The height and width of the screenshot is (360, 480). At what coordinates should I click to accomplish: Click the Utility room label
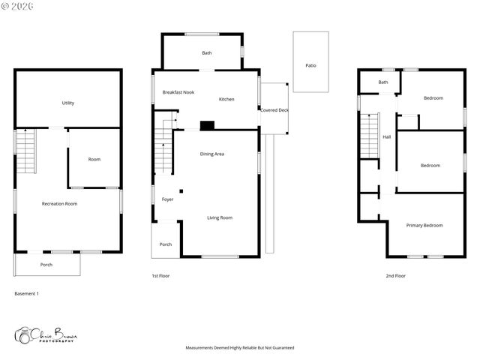click(x=67, y=103)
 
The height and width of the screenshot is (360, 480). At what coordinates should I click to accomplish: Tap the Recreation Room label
click(x=59, y=203)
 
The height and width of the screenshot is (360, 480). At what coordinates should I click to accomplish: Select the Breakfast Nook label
click(x=178, y=92)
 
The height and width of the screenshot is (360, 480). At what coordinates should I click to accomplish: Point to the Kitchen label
click(x=226, y=100)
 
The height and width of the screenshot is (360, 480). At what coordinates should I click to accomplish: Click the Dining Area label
click(x=212, y=154)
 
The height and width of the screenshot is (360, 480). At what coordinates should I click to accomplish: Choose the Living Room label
click(x=220, y=217)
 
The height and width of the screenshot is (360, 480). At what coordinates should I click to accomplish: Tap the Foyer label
click(x=168, y=199)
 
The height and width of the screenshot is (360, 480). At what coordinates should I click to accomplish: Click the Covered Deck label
click(x=274, y=110)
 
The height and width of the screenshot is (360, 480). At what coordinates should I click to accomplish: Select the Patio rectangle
click(x=310, y=62)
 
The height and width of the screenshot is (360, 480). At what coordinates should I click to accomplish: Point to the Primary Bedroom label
click(x=424, y=225)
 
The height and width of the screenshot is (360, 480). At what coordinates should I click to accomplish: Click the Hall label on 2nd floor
click(x=387, y=137)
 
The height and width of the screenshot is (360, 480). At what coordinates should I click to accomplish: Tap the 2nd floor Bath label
click(x=383, y=82)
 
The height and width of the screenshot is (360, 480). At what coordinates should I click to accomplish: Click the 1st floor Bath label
click(x=207, y=53)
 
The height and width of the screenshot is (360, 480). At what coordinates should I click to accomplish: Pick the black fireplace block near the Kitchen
click(x=207, y=126)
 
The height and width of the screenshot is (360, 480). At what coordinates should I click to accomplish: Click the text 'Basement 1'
click(x=27, y=293)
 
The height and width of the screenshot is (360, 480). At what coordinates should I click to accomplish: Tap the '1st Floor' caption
click(x=160, y=276)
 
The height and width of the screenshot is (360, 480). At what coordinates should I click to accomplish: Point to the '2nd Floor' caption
click(x=395, y=276)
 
